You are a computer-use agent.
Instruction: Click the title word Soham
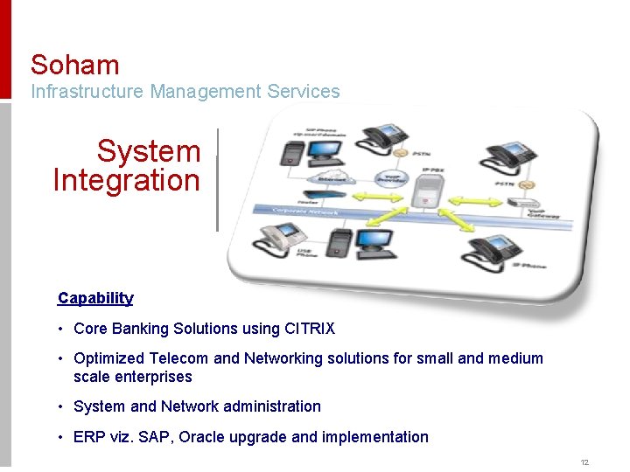coord(75,65)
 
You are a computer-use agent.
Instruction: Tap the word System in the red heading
coord(149,151)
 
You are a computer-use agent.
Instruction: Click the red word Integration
coord(127,181)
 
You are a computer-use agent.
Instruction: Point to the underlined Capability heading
coord(95,298)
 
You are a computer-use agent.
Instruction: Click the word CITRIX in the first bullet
coord(310,329)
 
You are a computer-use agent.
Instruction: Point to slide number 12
coord(584,462)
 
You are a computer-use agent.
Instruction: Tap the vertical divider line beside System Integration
coord(216,180)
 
